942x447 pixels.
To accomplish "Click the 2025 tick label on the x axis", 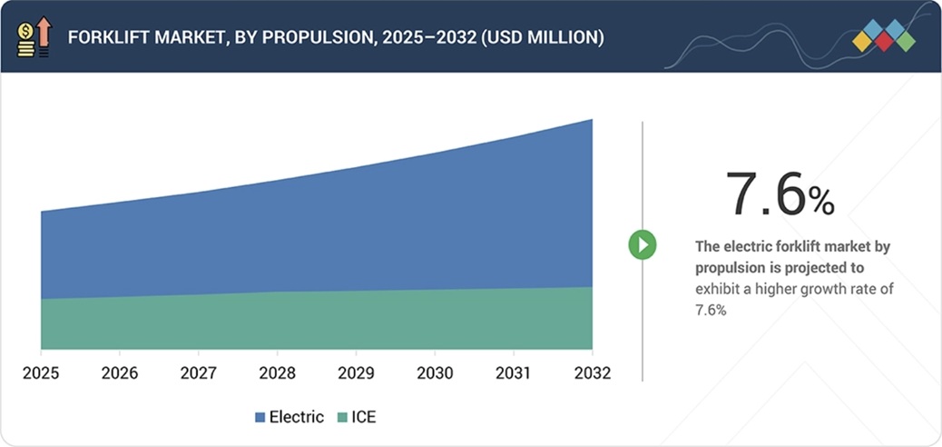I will [41, 372].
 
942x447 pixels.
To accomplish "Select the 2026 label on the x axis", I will [120, 372].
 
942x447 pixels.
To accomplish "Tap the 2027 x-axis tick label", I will [199, 372].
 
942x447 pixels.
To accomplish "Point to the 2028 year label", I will [277, 372].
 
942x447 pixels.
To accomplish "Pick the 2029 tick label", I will [356, 372].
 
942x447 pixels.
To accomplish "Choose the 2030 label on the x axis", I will [435, 372].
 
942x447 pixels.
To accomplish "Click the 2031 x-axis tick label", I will [514, 372].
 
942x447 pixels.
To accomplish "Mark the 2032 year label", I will [592, 372].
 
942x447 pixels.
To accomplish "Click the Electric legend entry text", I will [297, 417].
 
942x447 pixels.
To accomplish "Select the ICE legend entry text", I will [363, 417].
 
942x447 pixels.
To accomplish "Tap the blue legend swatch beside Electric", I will [260, 418].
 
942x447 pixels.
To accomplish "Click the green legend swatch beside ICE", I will [342, 418].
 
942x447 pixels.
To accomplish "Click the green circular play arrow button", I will [643, 244].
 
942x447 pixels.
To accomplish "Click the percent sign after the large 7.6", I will [821, 202].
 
